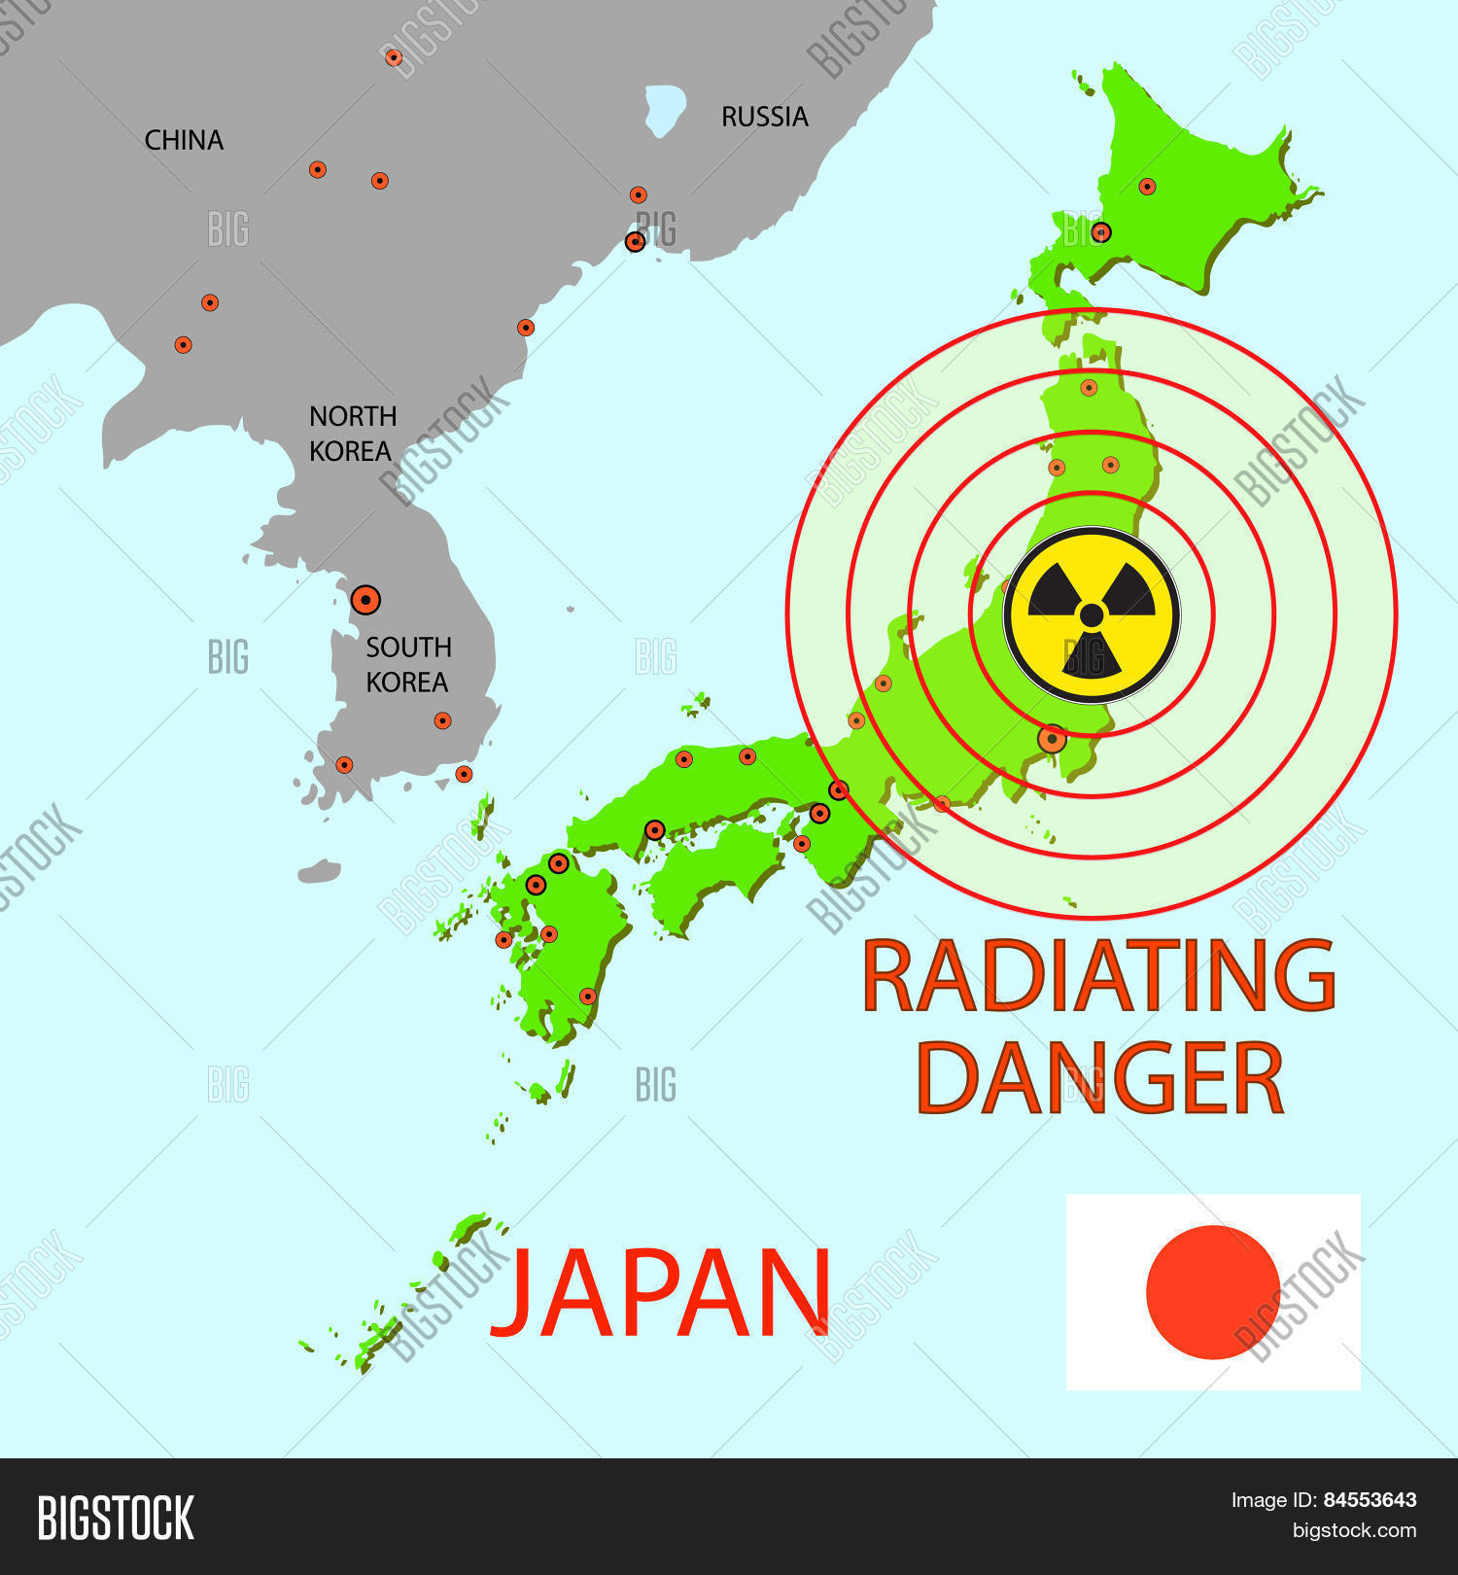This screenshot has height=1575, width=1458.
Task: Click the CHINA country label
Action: click(x=184, y=141)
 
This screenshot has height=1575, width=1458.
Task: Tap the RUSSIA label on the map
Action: click(x=764, y=117)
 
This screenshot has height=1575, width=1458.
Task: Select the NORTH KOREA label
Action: click(x=352, y=434)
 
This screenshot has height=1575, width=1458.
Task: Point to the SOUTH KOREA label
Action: click(x=407, y=665)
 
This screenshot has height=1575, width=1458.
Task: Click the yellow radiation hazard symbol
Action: click(x=1092, y=614)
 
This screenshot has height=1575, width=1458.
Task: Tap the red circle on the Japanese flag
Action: click(x=1212, y=1292)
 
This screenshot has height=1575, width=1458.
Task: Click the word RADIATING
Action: click(x=1098, y=975)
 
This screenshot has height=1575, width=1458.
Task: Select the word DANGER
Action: click(x=1099, y=1078)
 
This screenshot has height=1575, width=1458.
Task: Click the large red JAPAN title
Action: click(x=661, y=1293)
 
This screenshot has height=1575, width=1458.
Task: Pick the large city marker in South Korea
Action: click(x=365, y=600)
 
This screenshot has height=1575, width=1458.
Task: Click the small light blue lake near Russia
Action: click(x=665, y=109)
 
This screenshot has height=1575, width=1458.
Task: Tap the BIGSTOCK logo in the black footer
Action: click(x=116, y=1518)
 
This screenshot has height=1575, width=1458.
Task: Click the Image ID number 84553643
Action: click(x=1370, y=1500)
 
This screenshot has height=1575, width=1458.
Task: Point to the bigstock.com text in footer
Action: click(x=1354, y=1531)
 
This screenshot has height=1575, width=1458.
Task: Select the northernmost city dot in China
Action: click(x=394, y=57)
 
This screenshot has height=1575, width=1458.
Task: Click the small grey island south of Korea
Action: click(x=319, y=871)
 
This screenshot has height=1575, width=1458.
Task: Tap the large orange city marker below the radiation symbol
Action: click(x=1052, y=739)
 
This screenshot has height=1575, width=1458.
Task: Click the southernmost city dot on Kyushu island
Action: click(x=587, y=996)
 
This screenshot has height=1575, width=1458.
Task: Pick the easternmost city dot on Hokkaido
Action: click(x=1147, y=187)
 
